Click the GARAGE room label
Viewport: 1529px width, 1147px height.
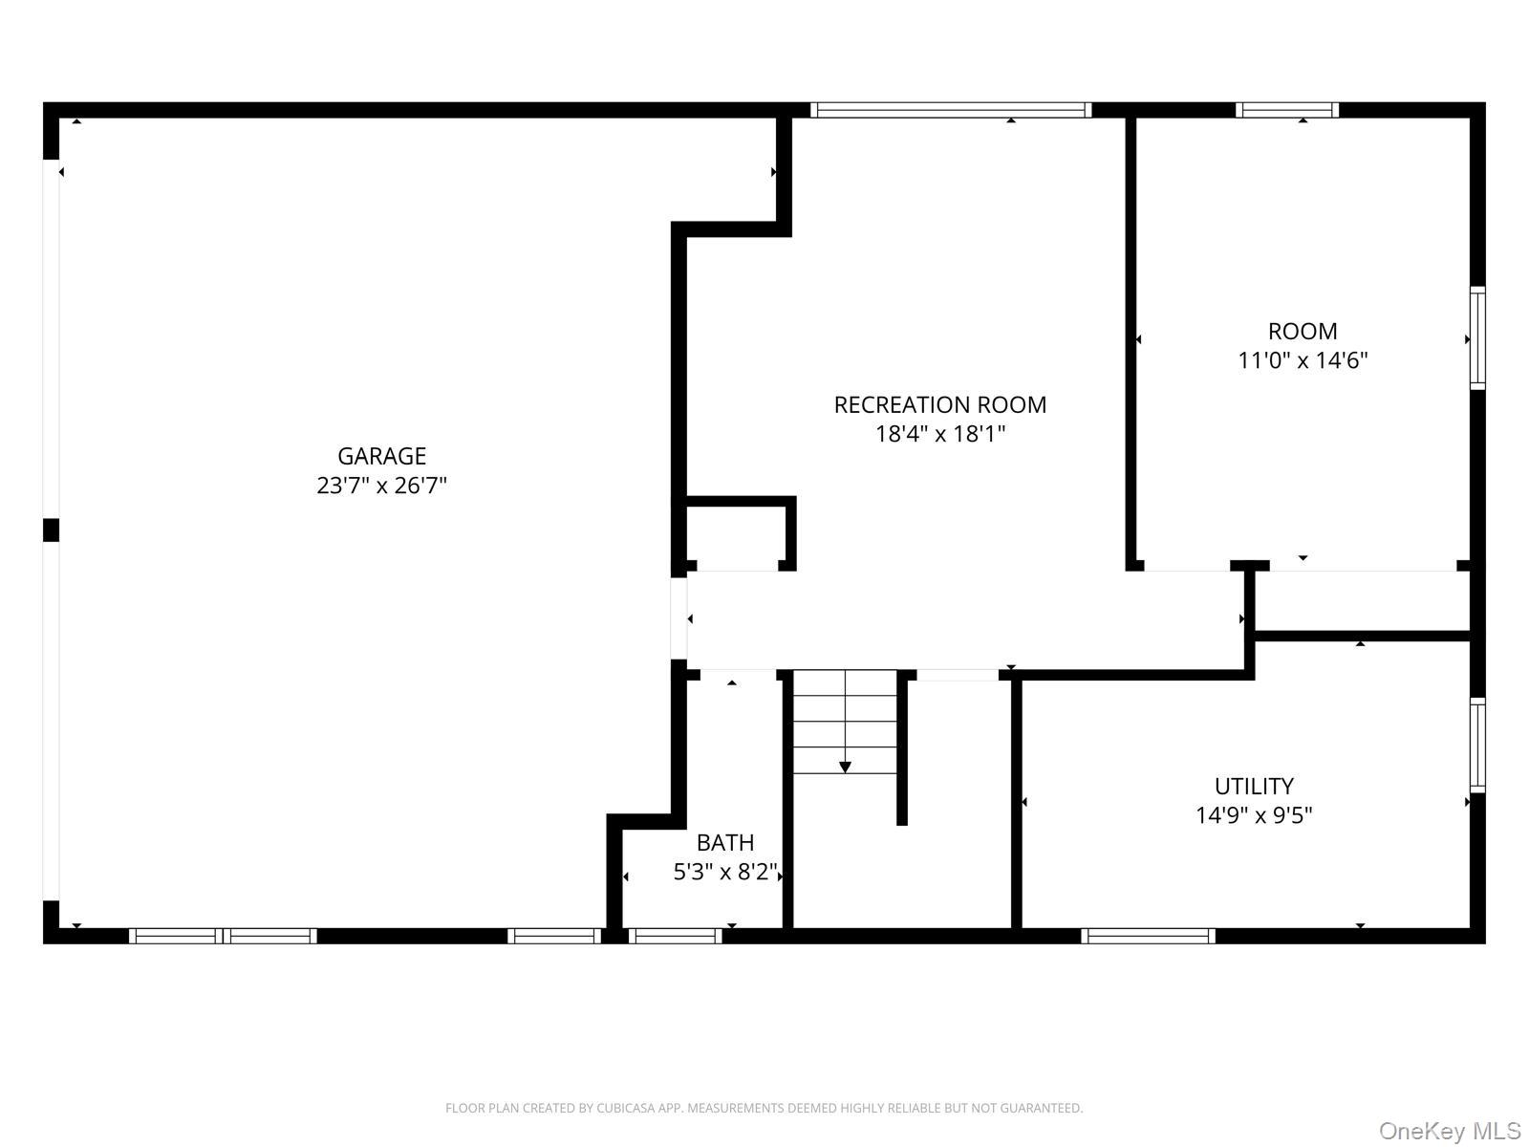click(381, 456)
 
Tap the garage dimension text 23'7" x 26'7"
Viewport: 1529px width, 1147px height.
click(381, 486)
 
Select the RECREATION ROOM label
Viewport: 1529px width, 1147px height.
click(939, 404)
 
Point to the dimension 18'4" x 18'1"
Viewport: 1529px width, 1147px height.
click(940, 434)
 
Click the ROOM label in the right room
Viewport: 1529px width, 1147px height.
click(1302, 332)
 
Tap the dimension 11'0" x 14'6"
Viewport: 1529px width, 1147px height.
click(1303, 360)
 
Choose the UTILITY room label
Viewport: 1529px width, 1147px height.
click(1254, 786)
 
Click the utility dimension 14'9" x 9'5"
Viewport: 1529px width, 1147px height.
click(1254, 815)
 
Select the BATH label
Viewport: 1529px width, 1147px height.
click(724, 842)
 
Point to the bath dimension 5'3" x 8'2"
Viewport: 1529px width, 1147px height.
click(725, 872)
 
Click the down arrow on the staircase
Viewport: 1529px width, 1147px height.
click(845, 767)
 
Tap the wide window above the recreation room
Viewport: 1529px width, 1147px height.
click(951, 110)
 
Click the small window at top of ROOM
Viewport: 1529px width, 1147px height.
click(1286, 110)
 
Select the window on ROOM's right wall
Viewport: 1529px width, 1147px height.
click(1477, 337)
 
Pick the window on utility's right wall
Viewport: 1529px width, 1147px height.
click(1477, 746)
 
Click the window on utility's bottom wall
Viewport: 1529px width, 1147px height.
click(1148, 936)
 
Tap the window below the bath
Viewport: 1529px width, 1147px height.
click(675, 936)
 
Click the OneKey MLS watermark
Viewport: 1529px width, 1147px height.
click(1449, 1132)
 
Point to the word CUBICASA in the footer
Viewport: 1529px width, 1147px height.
click(627, 1108)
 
